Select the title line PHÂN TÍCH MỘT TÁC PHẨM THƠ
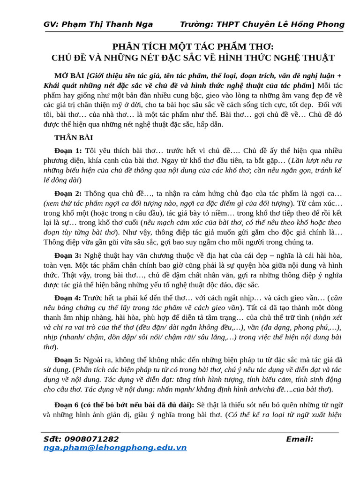pos(193,46)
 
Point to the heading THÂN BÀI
pos(74,138)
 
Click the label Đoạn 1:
pos(68,150)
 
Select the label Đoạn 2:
pos(68,193)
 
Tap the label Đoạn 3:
pos(68,255)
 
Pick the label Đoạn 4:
pos(68,298)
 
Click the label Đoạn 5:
pos(68,360)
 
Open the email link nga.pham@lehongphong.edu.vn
pos(115,448)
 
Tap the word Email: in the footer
pos(300,439)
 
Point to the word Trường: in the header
pos(195,24)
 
